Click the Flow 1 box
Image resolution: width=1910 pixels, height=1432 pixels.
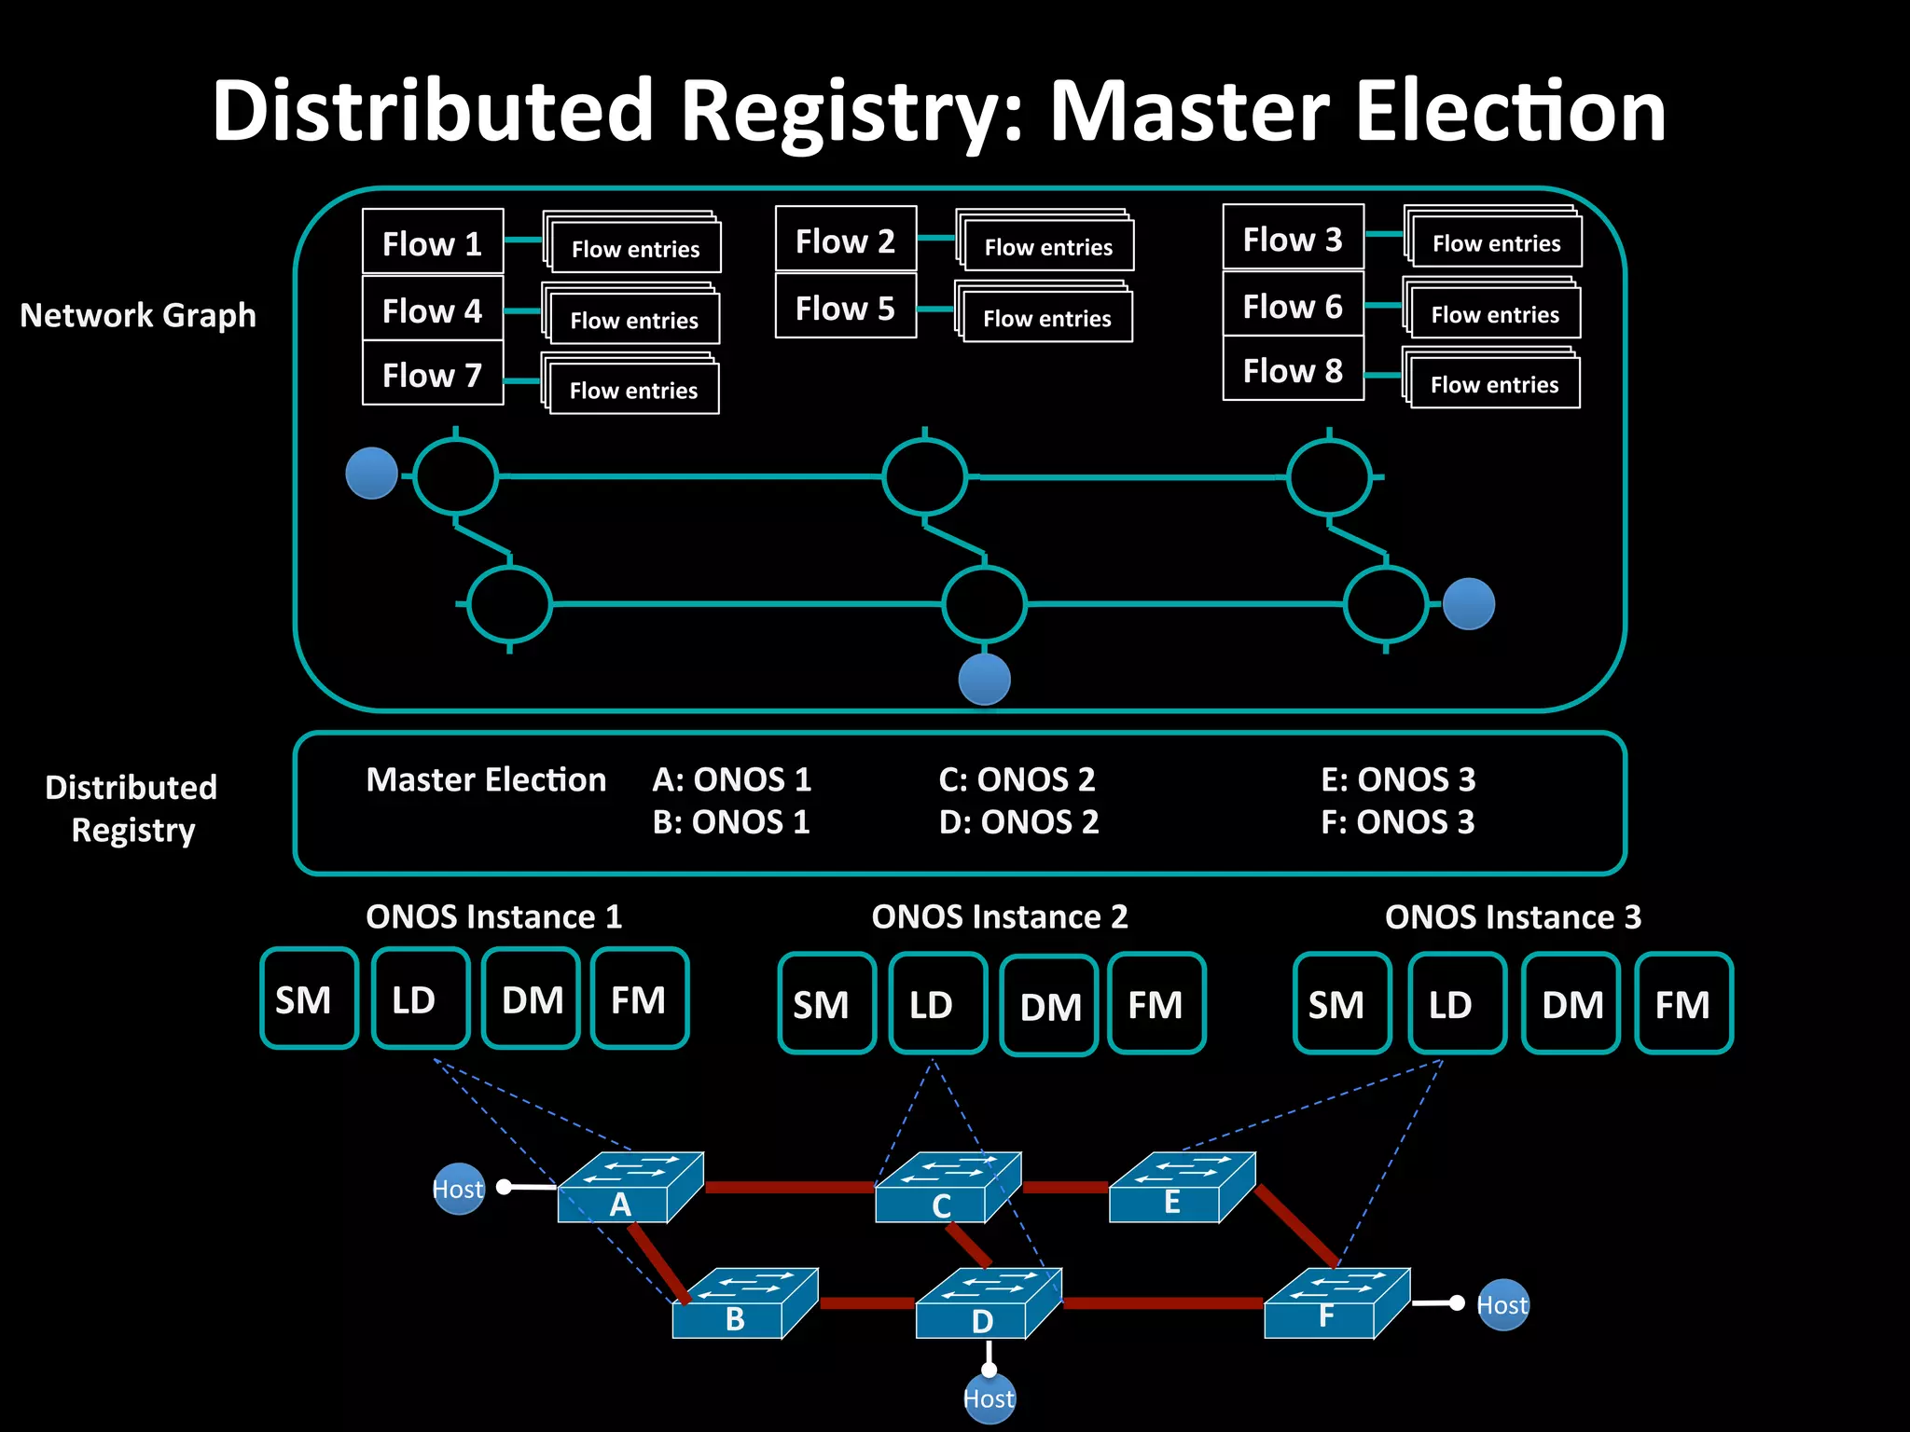pyautogui.click(x=433, y=241)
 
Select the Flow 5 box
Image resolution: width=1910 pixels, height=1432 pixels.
pyautogui.click(x=845, y=307)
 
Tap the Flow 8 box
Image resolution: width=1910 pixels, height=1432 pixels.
pyautogui.click(x=1293, y=370)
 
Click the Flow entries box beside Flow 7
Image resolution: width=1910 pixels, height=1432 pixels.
pyautogui.click(x=633, y=390)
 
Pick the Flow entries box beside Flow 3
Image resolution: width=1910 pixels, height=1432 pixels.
pyautogui.click(x=1496, y=242)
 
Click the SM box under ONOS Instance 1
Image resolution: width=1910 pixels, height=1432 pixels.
pyautogui.click(x=309, y=998)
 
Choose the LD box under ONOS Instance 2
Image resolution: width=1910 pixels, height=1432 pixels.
pyautogui.click(x=937, y=1003)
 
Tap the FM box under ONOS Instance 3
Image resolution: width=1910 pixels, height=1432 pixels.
pyautogui.click(x=1683, y=1003)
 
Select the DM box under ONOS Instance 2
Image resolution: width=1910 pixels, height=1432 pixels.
pyautogui.click(x=1049, y=1005)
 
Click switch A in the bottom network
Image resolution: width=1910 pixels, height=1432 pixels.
pyautogui.click(x=621, y=1193)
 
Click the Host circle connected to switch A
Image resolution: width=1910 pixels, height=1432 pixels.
pyautogui.click(x=459, y=1189)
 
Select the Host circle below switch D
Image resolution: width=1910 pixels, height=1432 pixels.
pyautogui.click(x=989, y=1398)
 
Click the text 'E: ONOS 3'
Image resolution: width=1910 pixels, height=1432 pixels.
pyautogui.click(x=1398, y=778)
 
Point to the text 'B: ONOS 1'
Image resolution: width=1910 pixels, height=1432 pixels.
pyautogui.click(x=731, y=821)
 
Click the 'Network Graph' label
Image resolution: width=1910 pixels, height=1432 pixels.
pyautogui.click(x=138, y=315)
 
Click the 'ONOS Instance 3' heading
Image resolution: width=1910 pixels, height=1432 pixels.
pyautogui.click(x=1513, y=916)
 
